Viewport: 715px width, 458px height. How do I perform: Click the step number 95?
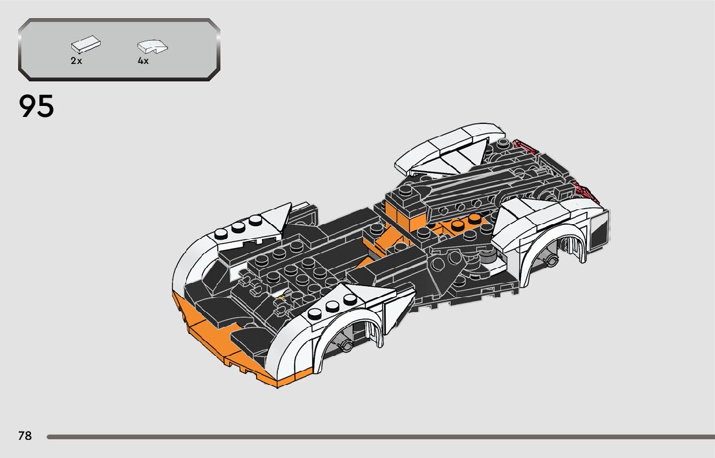(x=37, y=107)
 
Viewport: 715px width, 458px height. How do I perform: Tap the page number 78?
(x=25, y=436)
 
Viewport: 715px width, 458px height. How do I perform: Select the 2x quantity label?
(x=76, y=61)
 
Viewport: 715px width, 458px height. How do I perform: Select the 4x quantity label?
(x=143, y=61)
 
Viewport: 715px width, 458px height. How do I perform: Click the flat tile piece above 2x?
(x=86, y=45)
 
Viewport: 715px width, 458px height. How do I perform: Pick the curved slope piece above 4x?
(x=153, y=46)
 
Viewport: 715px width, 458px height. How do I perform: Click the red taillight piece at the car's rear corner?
(x=585, y=191)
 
